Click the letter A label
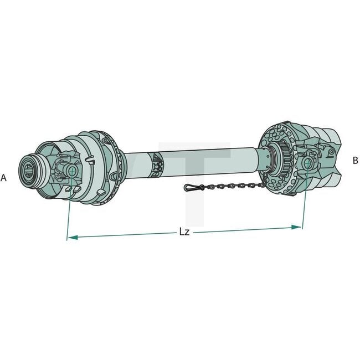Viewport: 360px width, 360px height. (x=4, y=178)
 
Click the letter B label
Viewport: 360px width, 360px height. (x=355, y=161)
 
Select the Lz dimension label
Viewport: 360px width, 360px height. (x=184, y=232)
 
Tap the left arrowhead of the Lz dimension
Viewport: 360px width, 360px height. (x=70, y=238)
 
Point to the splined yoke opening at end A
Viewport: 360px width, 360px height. (x=29, y=167)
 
